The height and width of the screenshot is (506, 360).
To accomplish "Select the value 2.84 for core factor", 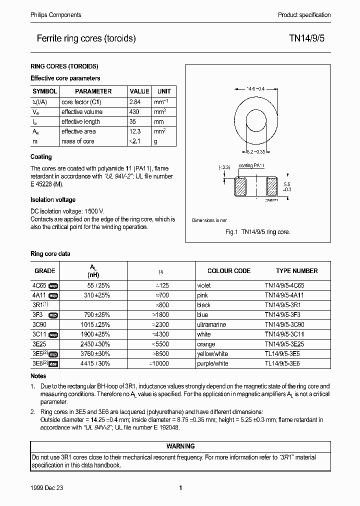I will click(x=135, y=102).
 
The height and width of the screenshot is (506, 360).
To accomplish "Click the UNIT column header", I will click(x=163, y=91).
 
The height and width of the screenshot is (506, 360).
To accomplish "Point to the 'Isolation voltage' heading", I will click(x=53, y=200).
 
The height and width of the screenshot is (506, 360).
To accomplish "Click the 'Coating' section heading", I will click(x=41, y=157).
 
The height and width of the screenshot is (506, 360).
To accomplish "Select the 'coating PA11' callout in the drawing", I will click(x=252, y=165).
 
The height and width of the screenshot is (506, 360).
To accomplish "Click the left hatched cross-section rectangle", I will click(x=240, y=187).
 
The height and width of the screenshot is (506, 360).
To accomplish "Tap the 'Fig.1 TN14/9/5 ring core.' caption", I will click(x=258, y=232).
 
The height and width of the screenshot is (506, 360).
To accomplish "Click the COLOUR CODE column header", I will click(x=228, y=271).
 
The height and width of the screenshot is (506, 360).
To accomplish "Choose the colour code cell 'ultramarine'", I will click(x=212, y=324).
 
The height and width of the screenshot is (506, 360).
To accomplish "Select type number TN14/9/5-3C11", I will click(x=288, y=334).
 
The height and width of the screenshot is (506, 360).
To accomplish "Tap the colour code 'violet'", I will click(x=204, y=285).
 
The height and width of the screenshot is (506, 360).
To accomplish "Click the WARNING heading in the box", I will click(x=180, y=446).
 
